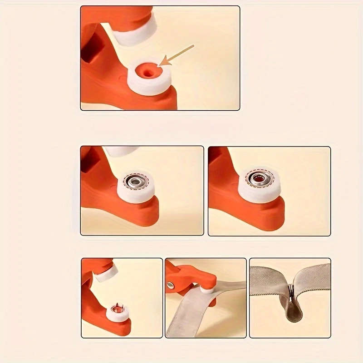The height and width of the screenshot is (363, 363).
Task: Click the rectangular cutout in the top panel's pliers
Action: tap(89, 52)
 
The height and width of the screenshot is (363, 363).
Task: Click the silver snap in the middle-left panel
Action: tap(135, 182)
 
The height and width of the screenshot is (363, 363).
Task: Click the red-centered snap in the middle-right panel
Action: tap(259, 179)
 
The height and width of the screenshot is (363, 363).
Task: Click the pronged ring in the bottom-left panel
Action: tap(117, 309)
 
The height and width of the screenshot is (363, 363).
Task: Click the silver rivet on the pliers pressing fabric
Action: tap(171, 285)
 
